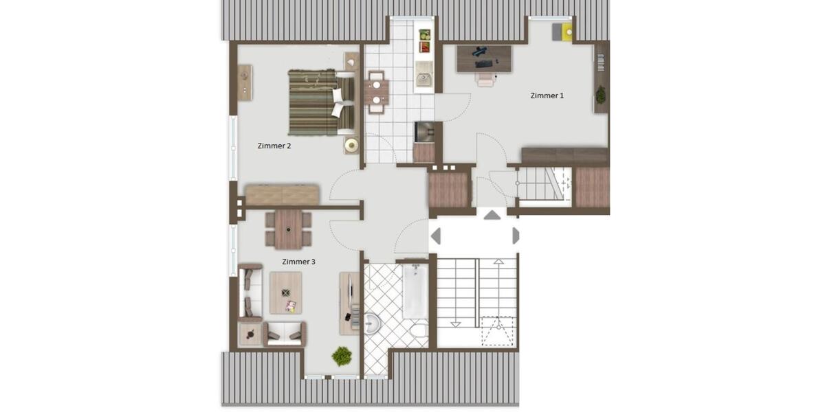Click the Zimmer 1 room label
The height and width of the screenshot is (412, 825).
tap(547, 96)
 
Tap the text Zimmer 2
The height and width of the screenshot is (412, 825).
tap(274, 146)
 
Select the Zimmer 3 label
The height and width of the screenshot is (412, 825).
tap(299, 262)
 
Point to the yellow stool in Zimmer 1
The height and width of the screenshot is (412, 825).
tap(566, 32)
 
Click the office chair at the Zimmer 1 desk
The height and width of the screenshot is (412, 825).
tap(486, 78)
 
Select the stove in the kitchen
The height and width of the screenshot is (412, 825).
tap(423, 131)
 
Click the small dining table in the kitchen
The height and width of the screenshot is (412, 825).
tap(375, 92)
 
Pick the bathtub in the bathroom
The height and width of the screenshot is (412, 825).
tap(414, 293)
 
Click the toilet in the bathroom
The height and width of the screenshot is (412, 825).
tap(418, 332)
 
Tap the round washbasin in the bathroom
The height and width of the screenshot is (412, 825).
tap(371, 322)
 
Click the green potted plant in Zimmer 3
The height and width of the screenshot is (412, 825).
tap(342, 356)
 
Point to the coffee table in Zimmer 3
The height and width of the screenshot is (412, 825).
tap(286, 293)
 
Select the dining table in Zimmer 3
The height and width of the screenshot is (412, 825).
tap(288, 229)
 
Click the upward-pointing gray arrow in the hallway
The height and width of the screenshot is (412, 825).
tap(492, 215)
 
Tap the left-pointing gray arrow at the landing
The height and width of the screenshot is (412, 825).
tap(435, 236)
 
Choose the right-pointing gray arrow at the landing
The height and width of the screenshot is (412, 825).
tap(516, 236)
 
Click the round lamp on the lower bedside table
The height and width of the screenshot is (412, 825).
tap(352, 145)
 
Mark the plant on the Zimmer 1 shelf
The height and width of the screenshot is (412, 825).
tap(600, 95)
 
